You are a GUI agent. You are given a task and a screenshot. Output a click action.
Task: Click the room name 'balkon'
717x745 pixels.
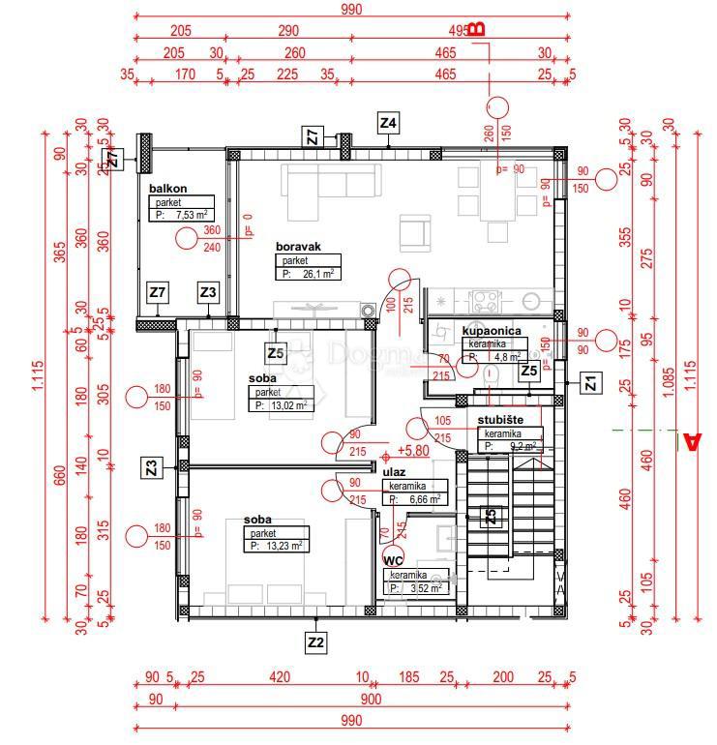[167, 189]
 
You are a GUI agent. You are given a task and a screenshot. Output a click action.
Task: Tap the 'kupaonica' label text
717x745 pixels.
[492, 331]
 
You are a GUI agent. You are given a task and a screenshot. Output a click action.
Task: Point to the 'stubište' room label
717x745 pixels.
[501, 420]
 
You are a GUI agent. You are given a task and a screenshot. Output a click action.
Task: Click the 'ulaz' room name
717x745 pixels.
[394, 471]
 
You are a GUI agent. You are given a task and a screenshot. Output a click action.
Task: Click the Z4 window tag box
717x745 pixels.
[389, 123]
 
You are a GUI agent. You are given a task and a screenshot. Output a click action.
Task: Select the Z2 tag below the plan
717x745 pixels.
[315, 641]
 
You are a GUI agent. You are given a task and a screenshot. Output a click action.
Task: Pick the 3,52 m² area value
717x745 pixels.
[427, 587]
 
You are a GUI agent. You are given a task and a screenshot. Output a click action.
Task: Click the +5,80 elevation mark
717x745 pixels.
[412, 452]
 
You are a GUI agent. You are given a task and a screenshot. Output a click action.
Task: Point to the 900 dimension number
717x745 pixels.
[370, 699]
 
